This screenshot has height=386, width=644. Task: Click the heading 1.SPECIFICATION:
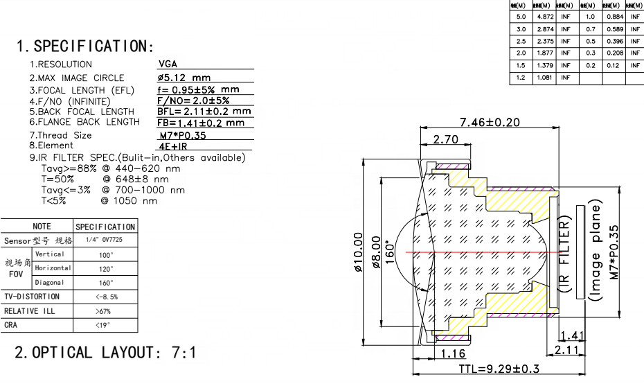coord(84,46)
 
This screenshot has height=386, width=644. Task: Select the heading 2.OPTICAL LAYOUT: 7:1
coord(105,352)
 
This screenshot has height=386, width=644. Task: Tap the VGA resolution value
coord(168,64)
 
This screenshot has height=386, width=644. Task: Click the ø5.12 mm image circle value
coord(184,78)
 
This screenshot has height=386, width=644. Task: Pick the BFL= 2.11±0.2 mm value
coord(204,111)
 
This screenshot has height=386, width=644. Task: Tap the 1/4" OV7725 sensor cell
coord(104,240)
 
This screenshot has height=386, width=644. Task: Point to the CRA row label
coord(11,325)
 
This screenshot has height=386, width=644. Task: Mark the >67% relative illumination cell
coord(105,311)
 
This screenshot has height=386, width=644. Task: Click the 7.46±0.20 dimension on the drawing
coord(490,123)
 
